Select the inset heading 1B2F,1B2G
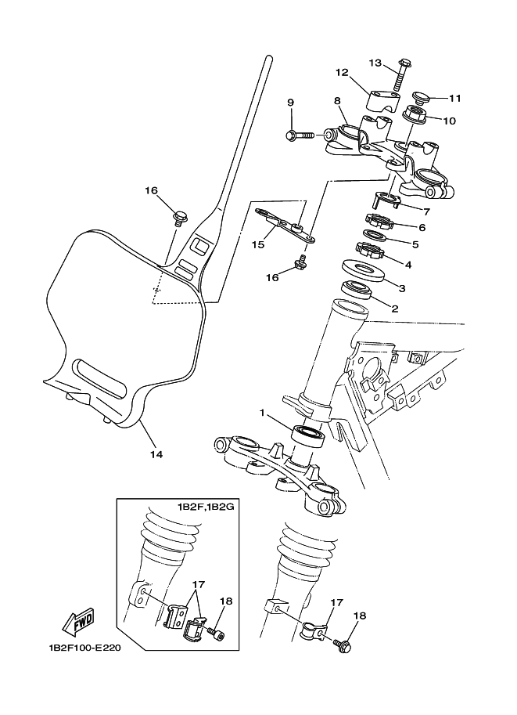point(206,507)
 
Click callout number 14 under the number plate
point(156,454)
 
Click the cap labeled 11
point(422,98)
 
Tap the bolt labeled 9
point(300,135)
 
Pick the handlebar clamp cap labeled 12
point(380,101)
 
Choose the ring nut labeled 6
point(379,221)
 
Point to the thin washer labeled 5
point(375,235)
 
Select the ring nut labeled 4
point(370,251)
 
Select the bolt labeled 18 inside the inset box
point(214,633)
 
